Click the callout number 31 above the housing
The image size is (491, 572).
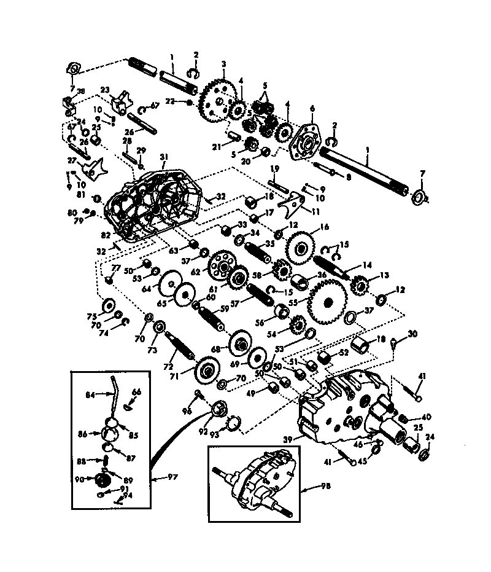164,157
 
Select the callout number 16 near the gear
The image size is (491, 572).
323,227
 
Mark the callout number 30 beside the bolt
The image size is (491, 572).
412,334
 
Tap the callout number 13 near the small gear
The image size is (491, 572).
385,275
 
